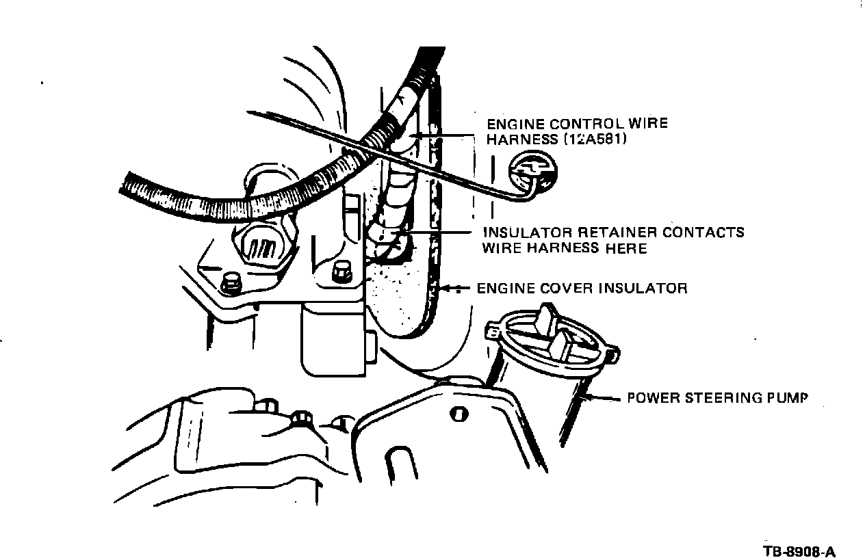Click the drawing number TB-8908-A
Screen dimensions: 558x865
point(799,552)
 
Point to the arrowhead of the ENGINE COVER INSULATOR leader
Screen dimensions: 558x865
point(446,288)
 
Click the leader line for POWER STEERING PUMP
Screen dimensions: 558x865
point(602,397)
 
